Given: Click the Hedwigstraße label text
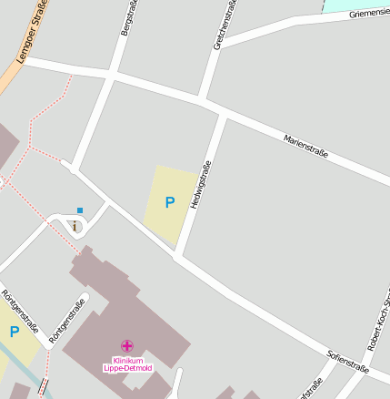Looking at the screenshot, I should pyautogui.click(x=200, y=186).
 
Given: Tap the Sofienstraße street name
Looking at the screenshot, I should pyautogui.click(x=348, y=362).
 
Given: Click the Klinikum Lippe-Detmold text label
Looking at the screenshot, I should pyautogui.click(x=126, y=363).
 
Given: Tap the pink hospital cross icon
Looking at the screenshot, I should pyautogui.click(x=126, y=345).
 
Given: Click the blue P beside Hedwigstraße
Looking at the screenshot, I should pyautogui.click(x=169, y=202).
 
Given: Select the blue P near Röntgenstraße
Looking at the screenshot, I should pyautogui.click(x=14, y=332).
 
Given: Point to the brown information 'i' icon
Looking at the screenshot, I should pyautogui.click(x=74, y=225).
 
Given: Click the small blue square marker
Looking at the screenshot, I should pyautogui.click(x=80, y=210).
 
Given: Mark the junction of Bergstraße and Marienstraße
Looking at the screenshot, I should pyautogui.click(x=114, y=73).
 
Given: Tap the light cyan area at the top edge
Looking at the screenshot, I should pyautogui.click(x=355, y=5).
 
